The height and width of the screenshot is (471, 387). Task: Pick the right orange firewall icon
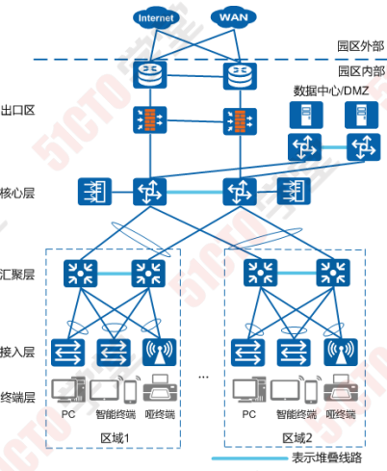coord(235,120)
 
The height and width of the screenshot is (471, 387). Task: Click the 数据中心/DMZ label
coord(332,90)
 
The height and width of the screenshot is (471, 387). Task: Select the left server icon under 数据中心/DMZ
coord(300,116)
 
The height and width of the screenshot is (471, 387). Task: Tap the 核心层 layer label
coord(18,193)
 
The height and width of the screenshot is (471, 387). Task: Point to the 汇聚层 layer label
coord(18,275)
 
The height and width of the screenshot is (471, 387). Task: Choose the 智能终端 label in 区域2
coord(294,414)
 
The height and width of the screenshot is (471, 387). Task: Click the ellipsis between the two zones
coord(203,374)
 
